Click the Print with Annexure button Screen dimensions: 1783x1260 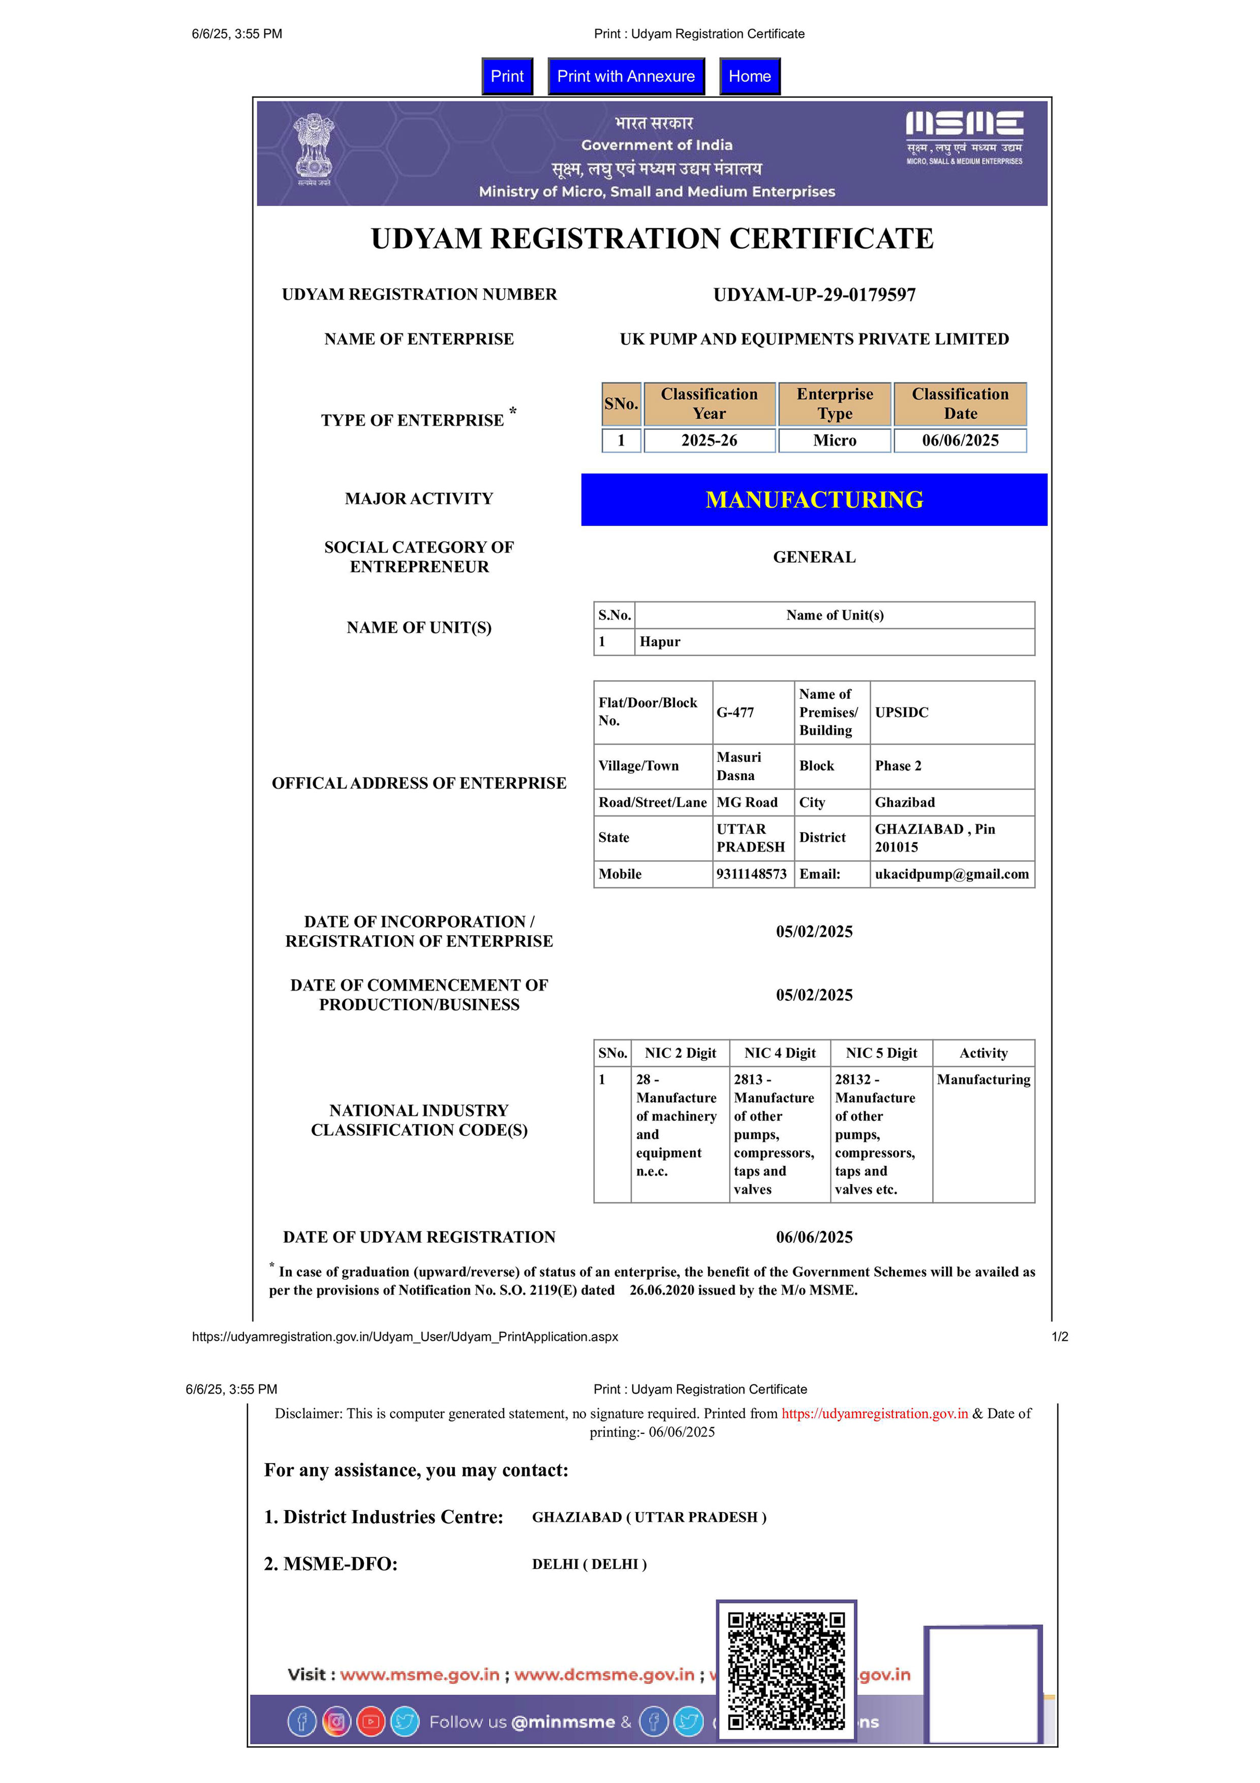pyautogui.click(x=626, y=76)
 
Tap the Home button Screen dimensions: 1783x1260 pyautogui.click(x=749, y=76)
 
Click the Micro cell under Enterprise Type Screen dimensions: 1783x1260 pyautogui.click(x=835, y=440)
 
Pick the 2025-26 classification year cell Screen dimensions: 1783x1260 pyautogui.click(x=709, y=440)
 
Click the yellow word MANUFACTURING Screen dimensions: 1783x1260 pyautogui.click(x=814, y=499)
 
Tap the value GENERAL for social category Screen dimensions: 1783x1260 pyautogui.click(x=814, y=557)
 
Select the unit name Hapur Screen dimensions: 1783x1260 pyautogui.click(x=660, y=641)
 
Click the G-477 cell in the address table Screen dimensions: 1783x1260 pyautogui.click(x=735, y=712)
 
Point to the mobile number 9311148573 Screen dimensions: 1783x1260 pyautogui.click(x=751, y=874)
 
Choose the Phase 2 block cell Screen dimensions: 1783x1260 pyautogui.click(x=898, y=765)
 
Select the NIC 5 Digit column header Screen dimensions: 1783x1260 pyautogui.click(x=881, y=1053)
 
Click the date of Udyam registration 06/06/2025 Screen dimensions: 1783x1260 pyautogui.click(x=814, y=1237)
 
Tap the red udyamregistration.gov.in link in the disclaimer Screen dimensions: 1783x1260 pyautogui.click(x=874, y=1413)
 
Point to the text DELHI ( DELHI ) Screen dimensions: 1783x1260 pyautogui.click(x=589, y=1564)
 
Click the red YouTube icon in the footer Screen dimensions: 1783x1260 pyautogui.click(x=371, y=1721)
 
